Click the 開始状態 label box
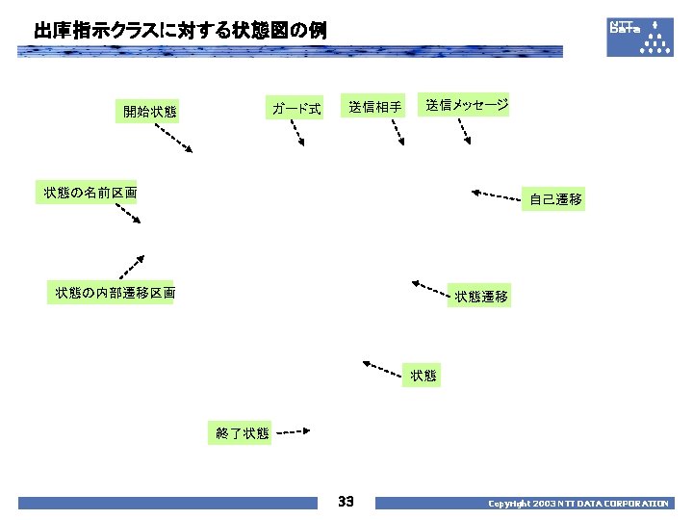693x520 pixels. tap(148, 112)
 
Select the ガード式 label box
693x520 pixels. tap(295, 109)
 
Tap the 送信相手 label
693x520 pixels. tap(375, 107)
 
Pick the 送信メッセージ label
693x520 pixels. tap(467, 105)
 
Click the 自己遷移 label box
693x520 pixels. tap(554, 200)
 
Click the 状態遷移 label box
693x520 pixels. tap(481, 297)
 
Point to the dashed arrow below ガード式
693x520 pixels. tap(297, 133)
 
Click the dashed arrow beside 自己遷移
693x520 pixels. tap(496, 195)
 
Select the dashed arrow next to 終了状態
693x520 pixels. tap(292, 432)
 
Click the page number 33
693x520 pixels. tap(346, 502)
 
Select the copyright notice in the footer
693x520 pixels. tap(577, 504)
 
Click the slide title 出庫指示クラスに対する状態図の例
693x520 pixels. tap(180, 31)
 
